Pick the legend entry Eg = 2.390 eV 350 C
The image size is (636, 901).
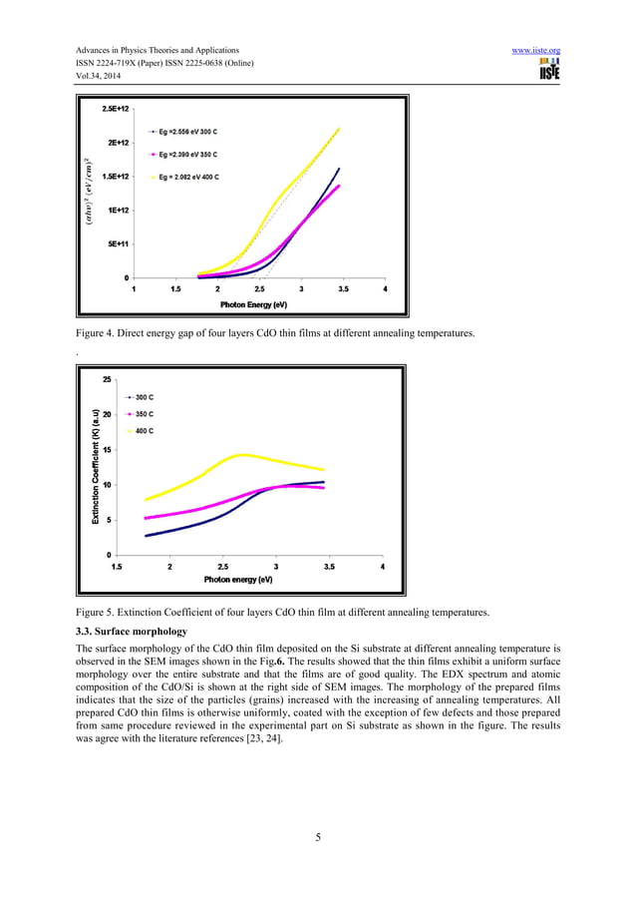pyautogui.click(x=188, y=155)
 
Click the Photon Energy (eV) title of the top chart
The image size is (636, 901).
pyautogui.click(x=254, y=304)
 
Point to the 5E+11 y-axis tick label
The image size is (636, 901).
pyautogui.click(x=115, y=243)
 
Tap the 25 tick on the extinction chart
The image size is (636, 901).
pyautogui.click(x=107, y=379)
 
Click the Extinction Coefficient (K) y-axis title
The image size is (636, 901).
pyautogui.click(x=96, y=466)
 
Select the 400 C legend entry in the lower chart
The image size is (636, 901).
pyautogui.click(x=144, y=430)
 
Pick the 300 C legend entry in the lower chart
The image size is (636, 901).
pyautogui.click(x=144, y=397)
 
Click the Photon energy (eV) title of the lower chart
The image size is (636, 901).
pyautogui.click(x=238, y=580)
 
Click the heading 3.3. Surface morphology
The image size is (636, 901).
pyautogui.click(x=132, y=632)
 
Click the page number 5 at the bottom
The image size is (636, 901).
pyautogui.click(x=317, y=837)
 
